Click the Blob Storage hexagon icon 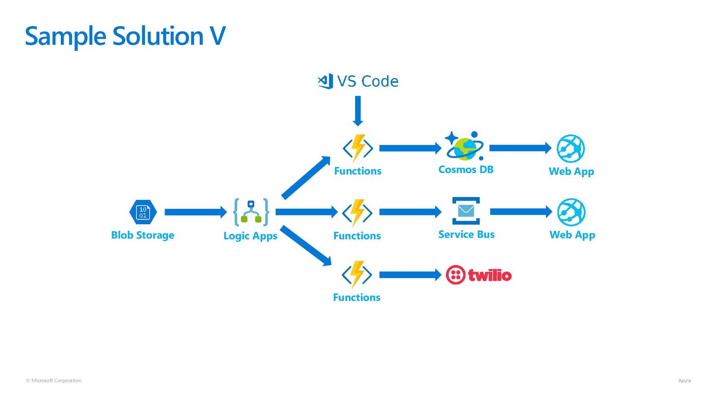coord(143,212)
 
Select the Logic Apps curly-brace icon coord(251,212)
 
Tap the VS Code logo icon coord(325,81)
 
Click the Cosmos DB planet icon coord(465,146)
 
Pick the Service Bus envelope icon coord(466,211)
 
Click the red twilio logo coord(479,275)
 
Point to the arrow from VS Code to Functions coord(358,111)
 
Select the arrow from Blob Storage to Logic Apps coord(196,212)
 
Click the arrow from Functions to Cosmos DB coord(411,148)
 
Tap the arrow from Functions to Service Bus coord(411,212)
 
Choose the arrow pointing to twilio coord(411,275)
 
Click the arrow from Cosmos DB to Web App coord(521,148)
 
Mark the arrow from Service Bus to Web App coord(521,212)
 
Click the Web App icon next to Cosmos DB coord(571,149)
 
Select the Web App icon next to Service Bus coord(571,212)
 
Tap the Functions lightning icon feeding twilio coord(357,275)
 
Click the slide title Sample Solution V coord(125,37)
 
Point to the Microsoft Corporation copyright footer coord(54,381)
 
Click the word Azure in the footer coord(684,381)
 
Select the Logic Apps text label coord(251,236)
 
